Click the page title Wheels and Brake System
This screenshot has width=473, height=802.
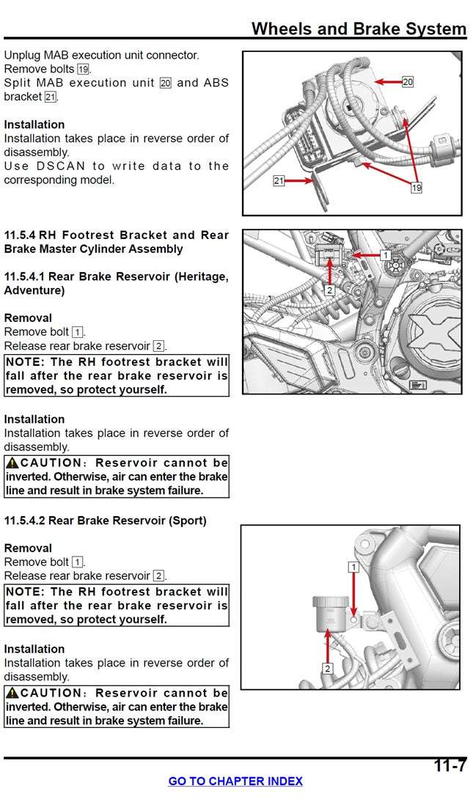coord(359,29)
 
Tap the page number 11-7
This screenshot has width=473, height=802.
coord(450,766)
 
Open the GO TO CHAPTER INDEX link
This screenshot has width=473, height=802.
coord(235,781)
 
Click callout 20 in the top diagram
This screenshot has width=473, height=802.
coord(408,82)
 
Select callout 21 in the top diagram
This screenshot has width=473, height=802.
coord(279,180)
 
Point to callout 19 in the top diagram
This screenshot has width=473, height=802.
coord(417,188)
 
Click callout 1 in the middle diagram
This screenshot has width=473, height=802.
coord(385,255)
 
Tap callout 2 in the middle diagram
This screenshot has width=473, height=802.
coord(329,290)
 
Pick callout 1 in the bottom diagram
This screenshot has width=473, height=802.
coord(353,567)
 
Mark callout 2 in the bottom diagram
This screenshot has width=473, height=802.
coord(327,668)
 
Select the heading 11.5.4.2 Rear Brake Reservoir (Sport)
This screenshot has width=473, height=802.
coord(106,520)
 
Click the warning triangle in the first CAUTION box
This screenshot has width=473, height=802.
coord(12,463)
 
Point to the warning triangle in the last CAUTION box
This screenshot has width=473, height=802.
coord(12,694)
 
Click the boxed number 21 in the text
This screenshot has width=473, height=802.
coord(50,97)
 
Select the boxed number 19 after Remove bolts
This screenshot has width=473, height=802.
coord(83,69)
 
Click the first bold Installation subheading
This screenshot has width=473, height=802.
coord(34,125)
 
